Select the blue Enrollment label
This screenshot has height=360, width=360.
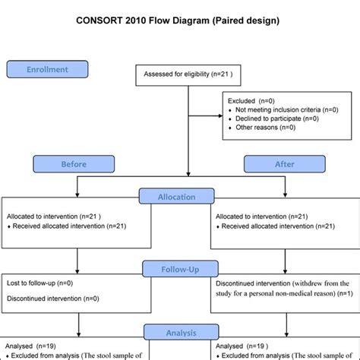click(x=48, y=70)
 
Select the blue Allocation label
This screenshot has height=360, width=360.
click(x=176, y=197)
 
